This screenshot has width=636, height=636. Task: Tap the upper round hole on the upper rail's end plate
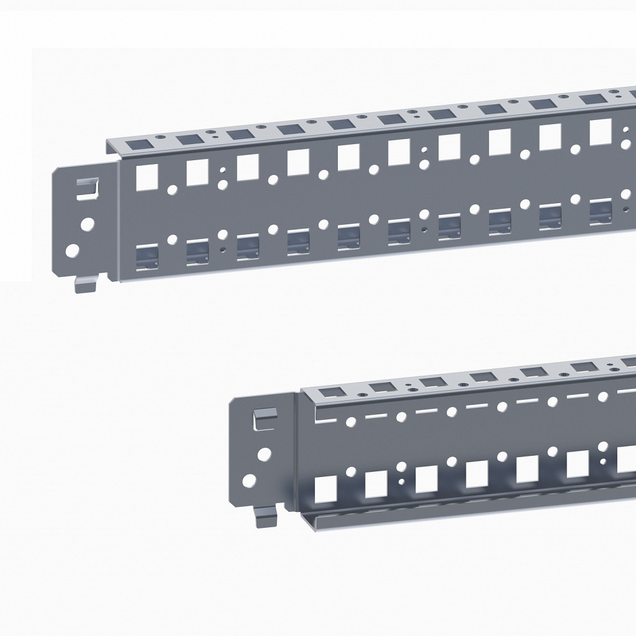pos(88,222)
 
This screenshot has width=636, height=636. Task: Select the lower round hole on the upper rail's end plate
pos(73,251)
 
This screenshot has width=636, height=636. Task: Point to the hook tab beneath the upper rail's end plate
pos(83,284)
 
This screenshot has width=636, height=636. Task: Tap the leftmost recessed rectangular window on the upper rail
pos(147,257)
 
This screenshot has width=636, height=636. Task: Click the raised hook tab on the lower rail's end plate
pos(264,417)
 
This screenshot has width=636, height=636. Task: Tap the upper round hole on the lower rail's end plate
pos(265,454)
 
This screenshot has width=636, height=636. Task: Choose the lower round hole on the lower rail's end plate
pos(250,480)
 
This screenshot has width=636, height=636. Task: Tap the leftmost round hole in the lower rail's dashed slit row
pos(351,422)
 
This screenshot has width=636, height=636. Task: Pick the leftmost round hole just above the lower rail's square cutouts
pos(351,470)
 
